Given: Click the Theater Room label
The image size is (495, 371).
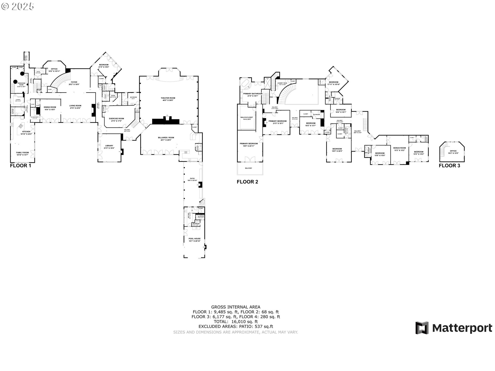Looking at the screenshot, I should click(168, 98).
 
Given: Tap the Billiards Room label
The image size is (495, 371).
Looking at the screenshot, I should click(166, 138).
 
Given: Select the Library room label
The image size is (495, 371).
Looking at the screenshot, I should click(109, 146).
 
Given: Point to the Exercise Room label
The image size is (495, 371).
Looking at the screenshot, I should click(116, 119).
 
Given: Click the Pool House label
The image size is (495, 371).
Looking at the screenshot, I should click(194, 239).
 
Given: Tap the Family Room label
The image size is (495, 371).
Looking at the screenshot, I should click(22, 153).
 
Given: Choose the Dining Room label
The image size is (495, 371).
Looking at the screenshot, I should click(50, 107).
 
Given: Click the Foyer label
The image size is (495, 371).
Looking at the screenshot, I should click(74, 82).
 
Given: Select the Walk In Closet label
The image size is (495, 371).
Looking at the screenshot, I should click(246, 117).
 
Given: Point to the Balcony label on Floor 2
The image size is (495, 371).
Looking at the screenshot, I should click(249, 168).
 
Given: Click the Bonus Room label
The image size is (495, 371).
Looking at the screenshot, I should click(400, 148).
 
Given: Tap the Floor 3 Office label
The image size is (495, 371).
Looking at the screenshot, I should click(453, 151).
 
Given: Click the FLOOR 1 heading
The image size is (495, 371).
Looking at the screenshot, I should click(20, 166).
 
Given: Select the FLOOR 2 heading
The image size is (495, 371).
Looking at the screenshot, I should click(247, 182).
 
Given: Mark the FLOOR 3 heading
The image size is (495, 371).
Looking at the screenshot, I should click(449, 166).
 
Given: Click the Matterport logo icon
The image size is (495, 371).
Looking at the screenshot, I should click(422, 328).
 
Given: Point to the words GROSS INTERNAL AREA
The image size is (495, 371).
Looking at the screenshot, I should click(236, 307).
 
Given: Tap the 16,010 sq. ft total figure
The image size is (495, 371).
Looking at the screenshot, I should click(245, 322).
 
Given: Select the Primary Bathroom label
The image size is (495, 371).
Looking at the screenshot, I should click(253, 94).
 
